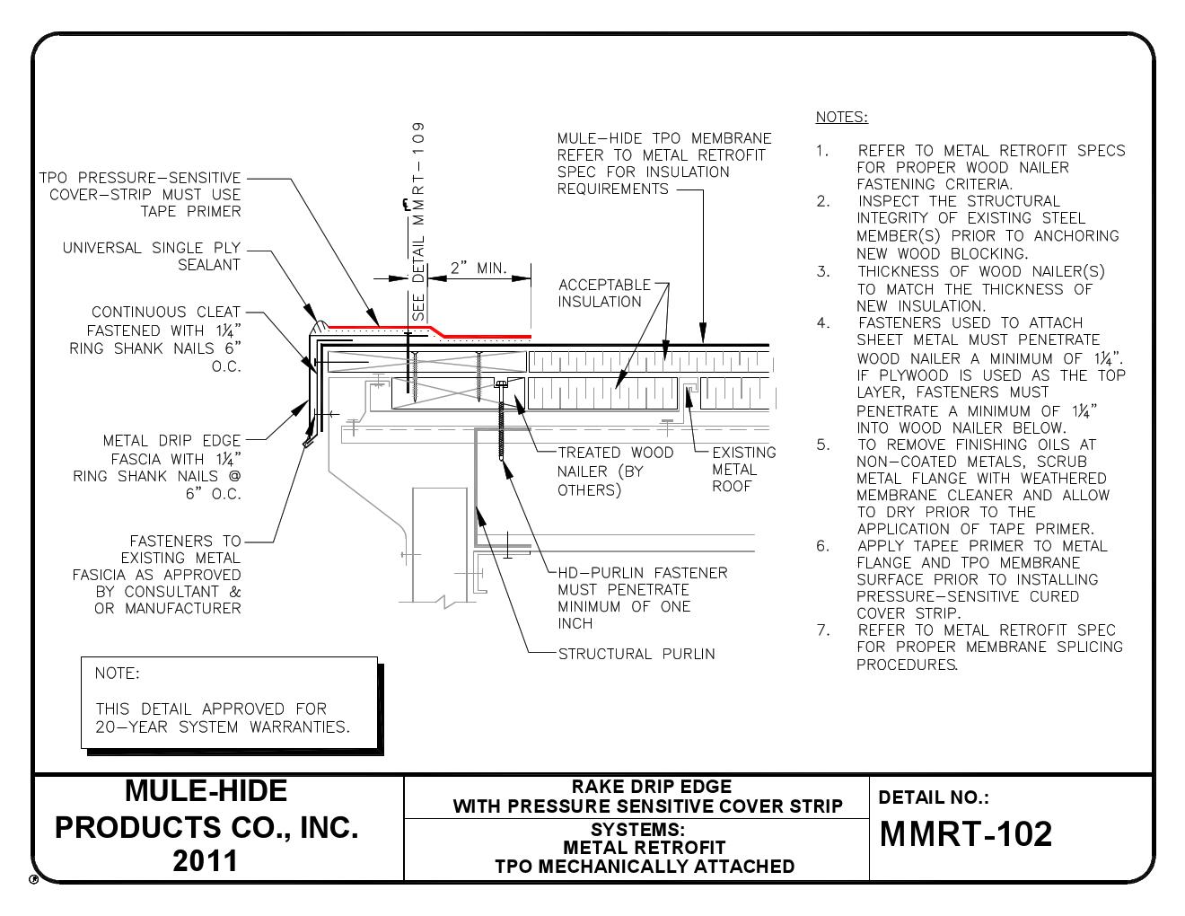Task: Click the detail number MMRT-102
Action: (x=965, y=834)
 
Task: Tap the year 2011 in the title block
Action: (x=206, y=860)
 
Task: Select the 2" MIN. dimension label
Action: (x=478, y=268)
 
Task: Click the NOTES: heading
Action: (x=841, y=117)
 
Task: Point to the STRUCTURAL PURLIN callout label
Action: (x=636, y=654)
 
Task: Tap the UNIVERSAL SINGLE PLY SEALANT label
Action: (x=152, y=256)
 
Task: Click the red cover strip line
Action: (x=485, y=337)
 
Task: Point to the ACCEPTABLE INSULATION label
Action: (x=603, y=293)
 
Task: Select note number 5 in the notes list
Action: (x=823, y=445)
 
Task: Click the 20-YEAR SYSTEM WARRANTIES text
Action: (x=222, y=727)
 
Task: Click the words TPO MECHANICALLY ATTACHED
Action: (x=644, y=866)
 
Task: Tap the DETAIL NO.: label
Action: (x=934, y=797)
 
